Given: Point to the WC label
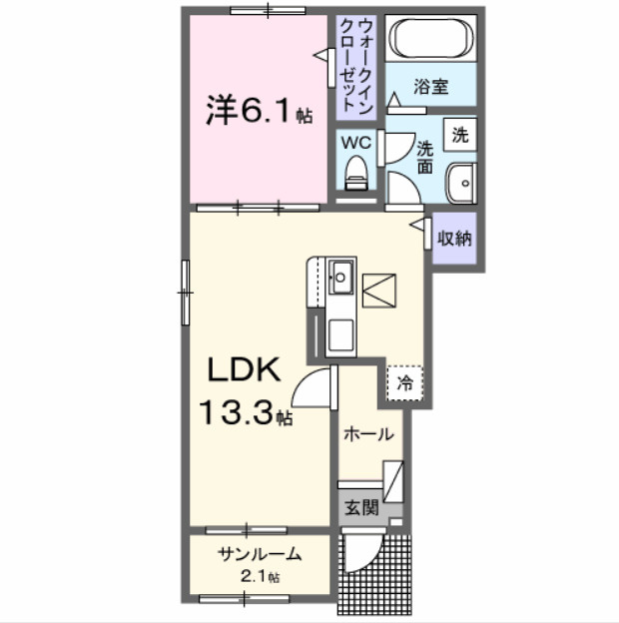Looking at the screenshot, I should pyautogui.click(x=356, y=143).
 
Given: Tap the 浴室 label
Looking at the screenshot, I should pyautogui.click(x=431, y=87).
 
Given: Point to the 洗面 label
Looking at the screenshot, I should pyautogui.click(x=425, y=155).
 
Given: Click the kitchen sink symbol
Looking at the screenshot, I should pyautogui.click(x=340, y=275).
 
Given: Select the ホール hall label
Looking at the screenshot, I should pyautogui.click(x=367, y=434).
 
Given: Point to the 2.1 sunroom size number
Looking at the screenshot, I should pyautogui.click(x=258, y=576).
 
